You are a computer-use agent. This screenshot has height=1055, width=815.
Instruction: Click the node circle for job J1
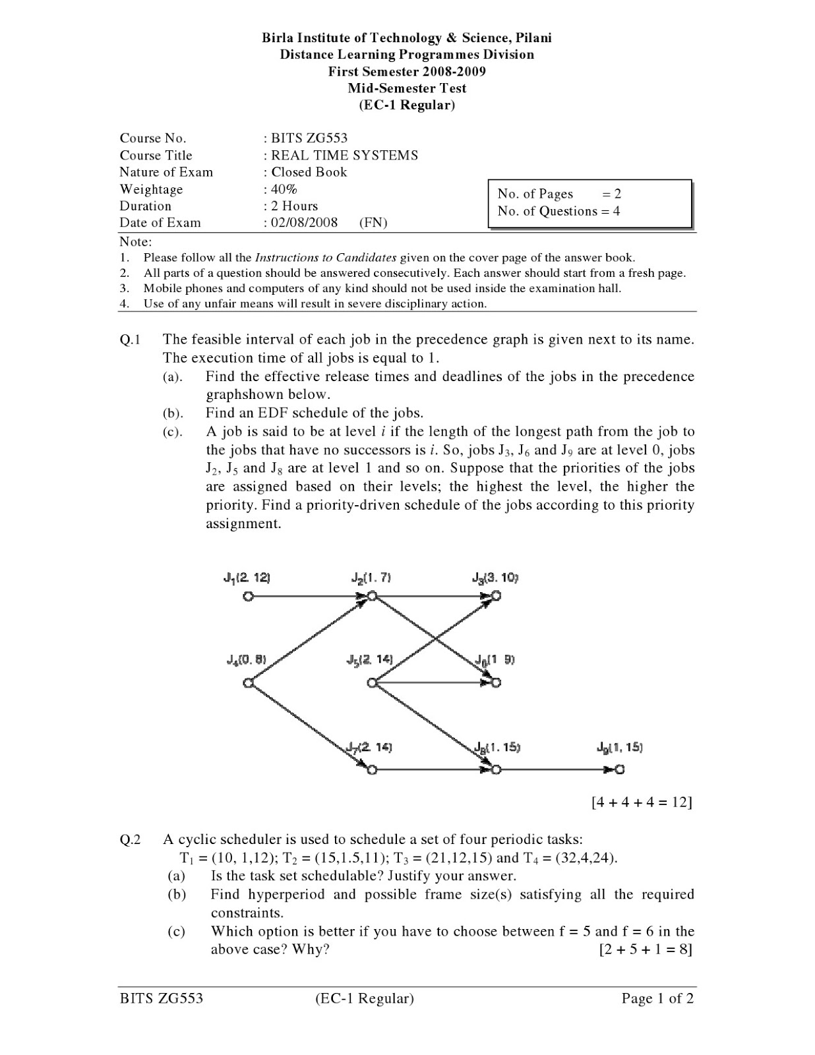pos(248,597)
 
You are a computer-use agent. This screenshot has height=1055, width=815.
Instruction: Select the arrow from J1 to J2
pos(307,597)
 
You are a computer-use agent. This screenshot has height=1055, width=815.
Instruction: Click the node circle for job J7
pos(372,769)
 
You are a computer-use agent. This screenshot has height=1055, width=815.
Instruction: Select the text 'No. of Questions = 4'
pos(558,211)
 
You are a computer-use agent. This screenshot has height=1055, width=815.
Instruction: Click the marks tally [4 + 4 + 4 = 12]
pos(642,802)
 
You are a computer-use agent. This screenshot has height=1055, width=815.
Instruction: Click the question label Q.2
pos(130,839)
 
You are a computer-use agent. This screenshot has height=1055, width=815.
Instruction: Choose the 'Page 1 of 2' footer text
pos(657,998)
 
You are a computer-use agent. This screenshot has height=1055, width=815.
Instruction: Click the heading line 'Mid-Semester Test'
pos(407,88)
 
